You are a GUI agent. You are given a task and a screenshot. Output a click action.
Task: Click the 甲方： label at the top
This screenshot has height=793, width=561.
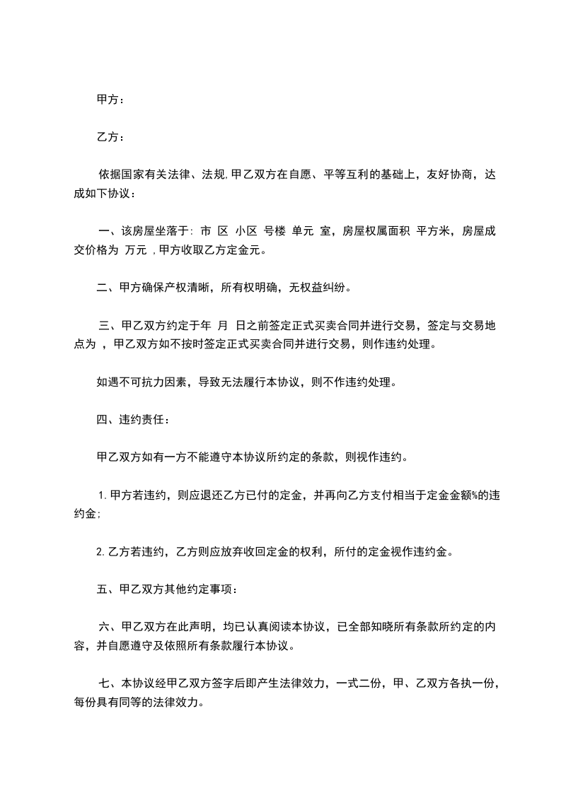[110, 100]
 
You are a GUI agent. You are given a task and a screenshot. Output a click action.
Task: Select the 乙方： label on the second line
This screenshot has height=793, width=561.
[110, 137]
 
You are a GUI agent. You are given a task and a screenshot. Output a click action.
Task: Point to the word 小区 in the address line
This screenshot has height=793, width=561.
[246, 230]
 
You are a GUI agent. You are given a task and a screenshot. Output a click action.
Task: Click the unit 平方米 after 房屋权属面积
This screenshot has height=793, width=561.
[433, 230]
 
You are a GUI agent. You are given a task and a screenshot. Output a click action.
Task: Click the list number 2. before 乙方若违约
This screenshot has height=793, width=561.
[100, 551]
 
